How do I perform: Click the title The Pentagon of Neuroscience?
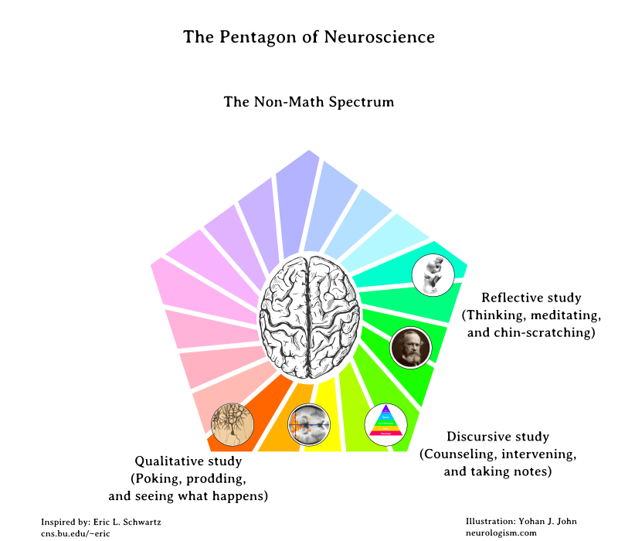tap(309, 37)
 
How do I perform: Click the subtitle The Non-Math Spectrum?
tap(309, 101)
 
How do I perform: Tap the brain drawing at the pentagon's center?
tap(309, 317)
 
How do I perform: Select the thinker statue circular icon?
tap(431, 274)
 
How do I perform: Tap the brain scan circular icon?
tap(308, 424)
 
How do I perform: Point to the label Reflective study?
tap(531, 298)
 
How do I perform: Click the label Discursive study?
tap(497, 437)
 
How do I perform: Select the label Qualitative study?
tap(188, 461)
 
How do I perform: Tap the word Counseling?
tap(454, 454)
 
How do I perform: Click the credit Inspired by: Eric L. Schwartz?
tap(100, 522)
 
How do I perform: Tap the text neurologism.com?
tap(501, 532)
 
